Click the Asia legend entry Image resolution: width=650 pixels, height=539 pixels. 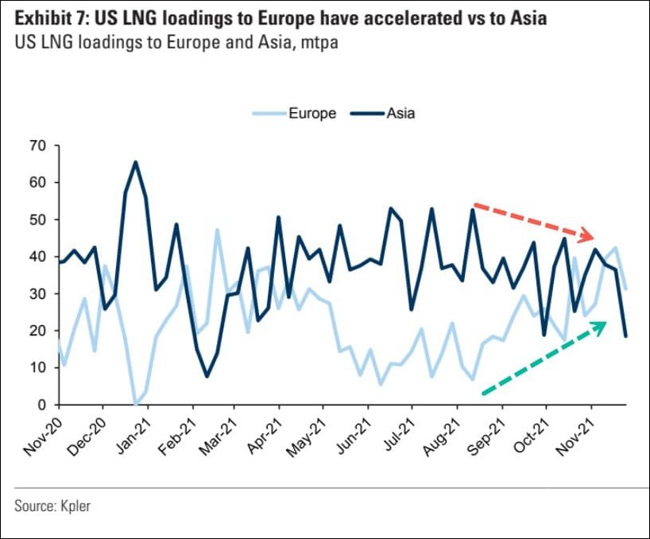400,113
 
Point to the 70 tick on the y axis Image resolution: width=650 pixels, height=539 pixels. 38,145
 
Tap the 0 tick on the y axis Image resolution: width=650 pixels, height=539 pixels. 42,405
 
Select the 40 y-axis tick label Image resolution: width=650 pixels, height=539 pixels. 38,257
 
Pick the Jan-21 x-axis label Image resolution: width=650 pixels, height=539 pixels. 132,436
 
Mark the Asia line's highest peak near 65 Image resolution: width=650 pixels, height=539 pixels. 136,162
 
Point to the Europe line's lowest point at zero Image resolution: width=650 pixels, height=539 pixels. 136,404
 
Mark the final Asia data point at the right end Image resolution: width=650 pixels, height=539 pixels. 625,336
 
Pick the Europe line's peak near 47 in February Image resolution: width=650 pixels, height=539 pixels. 217,230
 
